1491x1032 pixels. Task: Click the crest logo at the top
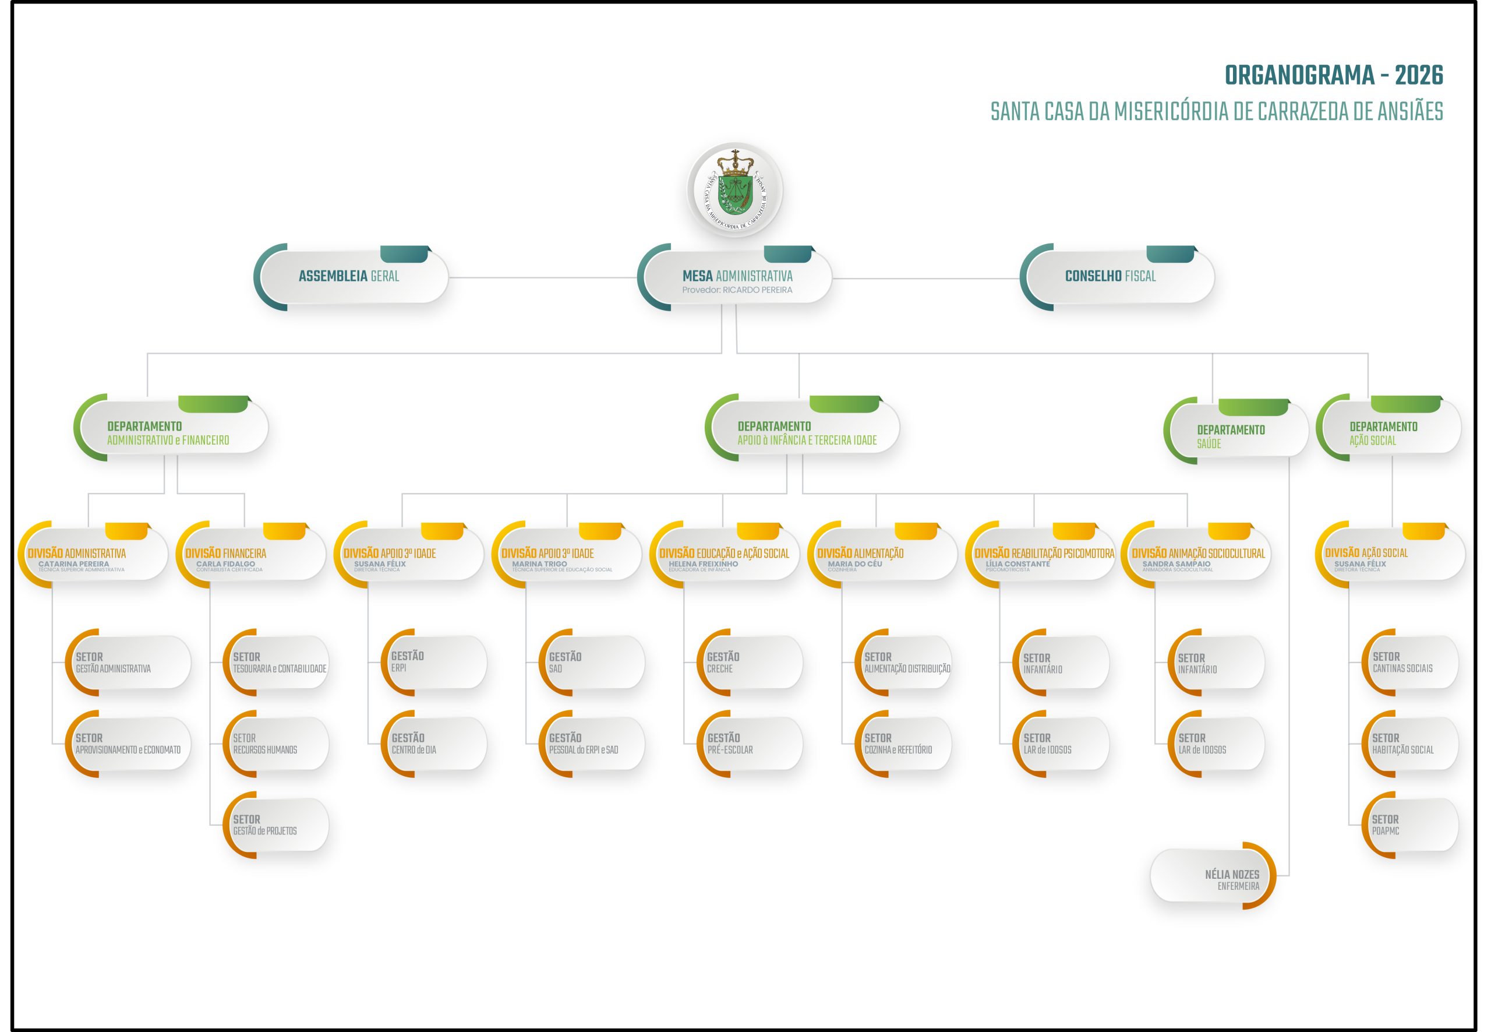coord(735,189)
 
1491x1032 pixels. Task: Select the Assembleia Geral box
coord(352,277)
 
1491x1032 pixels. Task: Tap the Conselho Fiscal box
coord(1118,277)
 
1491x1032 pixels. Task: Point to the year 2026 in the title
coord(1419,76)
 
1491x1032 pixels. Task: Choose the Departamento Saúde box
coord(1236,430)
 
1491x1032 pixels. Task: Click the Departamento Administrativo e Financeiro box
coord(171,427)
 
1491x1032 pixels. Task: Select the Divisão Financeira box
coord(252,554)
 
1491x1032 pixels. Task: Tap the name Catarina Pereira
coord(74,564)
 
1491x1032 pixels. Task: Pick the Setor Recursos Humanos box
coord(277,744)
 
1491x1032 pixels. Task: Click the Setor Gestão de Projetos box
coord(277,825)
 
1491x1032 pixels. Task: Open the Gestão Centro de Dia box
coord(434,744)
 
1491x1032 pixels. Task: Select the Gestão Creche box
coord(751,662)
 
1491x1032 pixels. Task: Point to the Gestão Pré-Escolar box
coord(751,744)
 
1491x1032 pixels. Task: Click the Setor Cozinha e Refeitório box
coord(903,744)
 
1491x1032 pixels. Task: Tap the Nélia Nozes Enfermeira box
coord(1214,875)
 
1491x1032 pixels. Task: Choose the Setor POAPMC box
coord(1410,825)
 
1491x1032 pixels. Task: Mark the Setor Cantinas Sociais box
coord(1410,662)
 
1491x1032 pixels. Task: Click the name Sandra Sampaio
coord(1176,564)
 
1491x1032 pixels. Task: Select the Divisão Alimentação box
coord(884,554)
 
